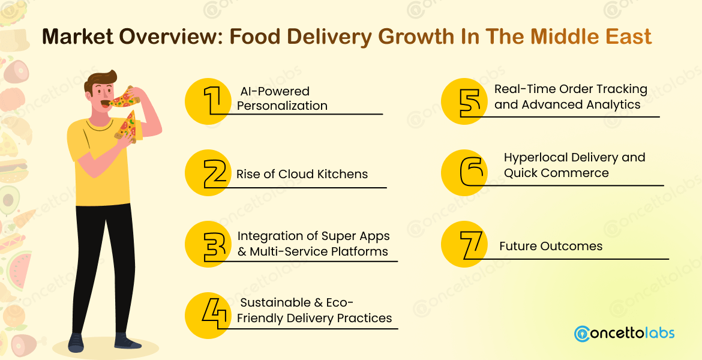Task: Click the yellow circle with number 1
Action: pos(208,100)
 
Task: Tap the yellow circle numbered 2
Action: pos(208,173)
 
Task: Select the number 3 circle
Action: pos(208,245)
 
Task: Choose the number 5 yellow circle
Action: pos(464,101)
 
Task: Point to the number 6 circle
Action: pos(464,173)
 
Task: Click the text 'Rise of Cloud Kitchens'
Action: pos(302,175)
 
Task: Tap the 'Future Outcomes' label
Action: pos(551,246)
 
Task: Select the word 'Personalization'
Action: pos(282,106)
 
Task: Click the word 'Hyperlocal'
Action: pos(535,158)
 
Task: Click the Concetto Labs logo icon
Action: pos(581,334)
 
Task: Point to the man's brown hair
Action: pos(102,80)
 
